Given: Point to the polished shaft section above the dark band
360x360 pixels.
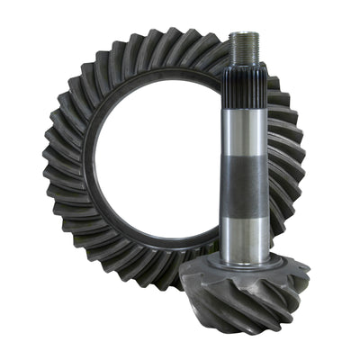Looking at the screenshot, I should click(245, 126).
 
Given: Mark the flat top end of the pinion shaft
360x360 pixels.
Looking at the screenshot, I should click(245, 33).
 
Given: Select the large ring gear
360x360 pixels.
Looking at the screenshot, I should click(81, 135).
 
